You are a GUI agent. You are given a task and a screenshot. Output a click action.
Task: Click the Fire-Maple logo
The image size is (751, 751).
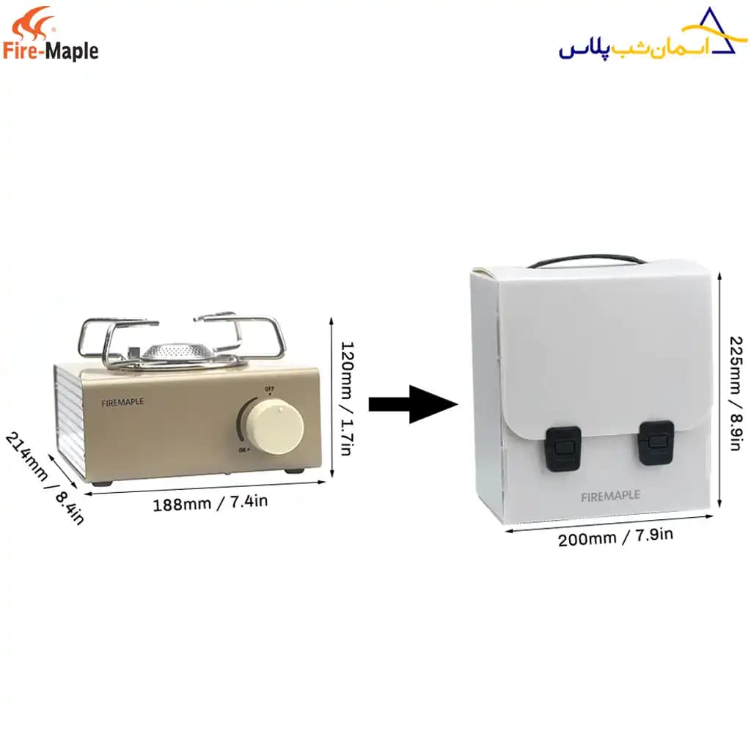pos(51,34)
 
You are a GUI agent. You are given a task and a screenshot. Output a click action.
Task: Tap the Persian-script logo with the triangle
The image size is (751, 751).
pos(653,34)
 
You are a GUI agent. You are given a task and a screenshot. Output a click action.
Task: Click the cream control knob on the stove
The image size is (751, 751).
pos(276,428)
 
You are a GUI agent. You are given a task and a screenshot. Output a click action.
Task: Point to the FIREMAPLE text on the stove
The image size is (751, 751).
pos(122,403)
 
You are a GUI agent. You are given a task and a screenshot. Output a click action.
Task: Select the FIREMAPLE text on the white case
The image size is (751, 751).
pos(610,496)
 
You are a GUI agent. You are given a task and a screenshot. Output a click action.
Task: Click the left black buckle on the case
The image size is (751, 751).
pos(563,448)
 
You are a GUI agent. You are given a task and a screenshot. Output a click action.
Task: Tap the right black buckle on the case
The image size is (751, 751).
pos(656,442)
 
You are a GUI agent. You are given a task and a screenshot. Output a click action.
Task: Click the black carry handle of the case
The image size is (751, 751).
pos(586,260)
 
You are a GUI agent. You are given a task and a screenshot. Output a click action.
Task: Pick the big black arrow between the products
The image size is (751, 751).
pos(413,405)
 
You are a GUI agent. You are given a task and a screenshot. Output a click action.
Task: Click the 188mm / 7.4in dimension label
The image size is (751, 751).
pos(210,502)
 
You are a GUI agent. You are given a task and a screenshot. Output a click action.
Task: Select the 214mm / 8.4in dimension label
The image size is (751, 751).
pos(45,477)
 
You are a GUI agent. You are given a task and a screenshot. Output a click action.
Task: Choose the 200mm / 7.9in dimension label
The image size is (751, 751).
pos(615,537)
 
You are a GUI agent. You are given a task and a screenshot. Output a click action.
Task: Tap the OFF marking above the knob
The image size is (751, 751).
pos(270,389)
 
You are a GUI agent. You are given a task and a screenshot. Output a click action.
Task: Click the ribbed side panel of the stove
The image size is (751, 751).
pos(70,422)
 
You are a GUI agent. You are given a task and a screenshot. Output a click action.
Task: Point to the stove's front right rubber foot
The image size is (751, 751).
pos(294,472)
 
